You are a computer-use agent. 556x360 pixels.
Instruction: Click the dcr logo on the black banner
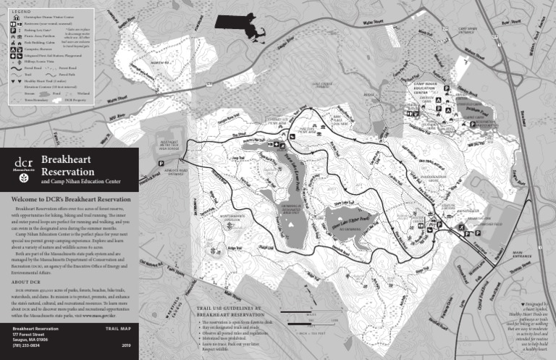(22, 169)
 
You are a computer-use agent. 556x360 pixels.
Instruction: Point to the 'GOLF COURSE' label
(321, 85)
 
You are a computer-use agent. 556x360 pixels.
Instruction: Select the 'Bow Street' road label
(511, 22)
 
